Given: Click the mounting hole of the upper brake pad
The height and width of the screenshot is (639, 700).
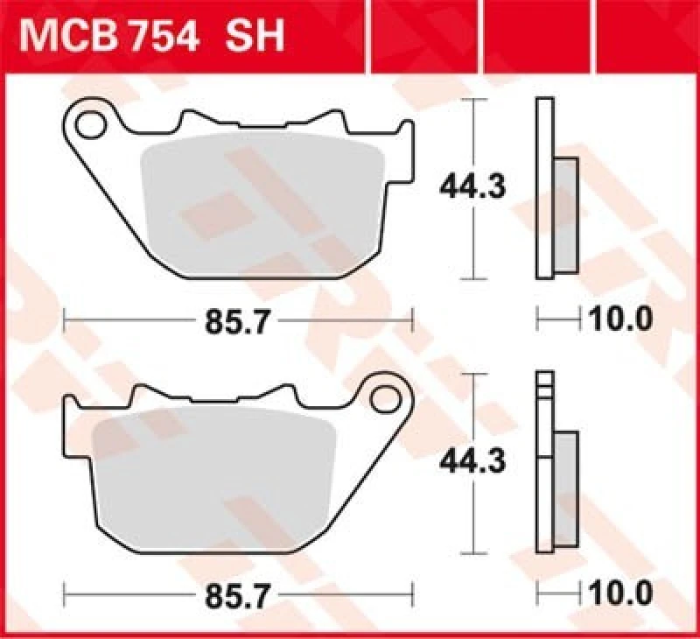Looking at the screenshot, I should (x=88, y=126).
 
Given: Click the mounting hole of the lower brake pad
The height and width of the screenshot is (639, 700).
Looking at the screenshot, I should (x=382, y=398).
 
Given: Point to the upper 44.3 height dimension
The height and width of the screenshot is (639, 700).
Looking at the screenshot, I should (x=472, y=187).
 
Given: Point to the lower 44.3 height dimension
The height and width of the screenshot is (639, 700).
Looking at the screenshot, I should (x=472, y=461).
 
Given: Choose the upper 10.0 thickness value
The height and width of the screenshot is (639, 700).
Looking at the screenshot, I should (x=620, y=320).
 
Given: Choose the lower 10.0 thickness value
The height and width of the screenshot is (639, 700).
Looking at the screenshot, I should (x=620, y=594).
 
